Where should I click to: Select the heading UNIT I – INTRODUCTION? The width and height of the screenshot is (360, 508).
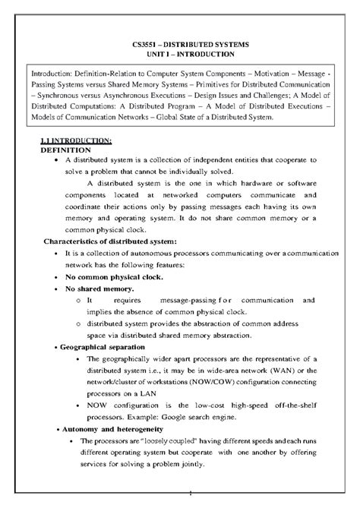181,55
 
